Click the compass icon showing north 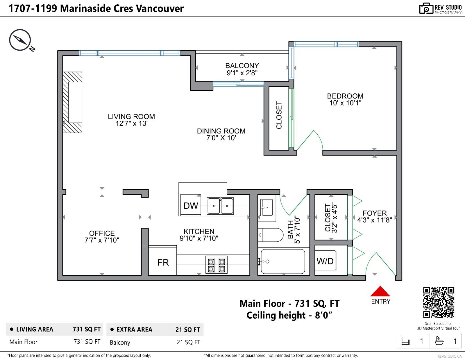20,40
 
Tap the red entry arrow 380,291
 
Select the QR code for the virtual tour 439,302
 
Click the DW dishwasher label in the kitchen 191,206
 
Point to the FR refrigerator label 163,263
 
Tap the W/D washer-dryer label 325,261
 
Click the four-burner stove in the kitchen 216,265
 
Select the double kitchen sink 220,206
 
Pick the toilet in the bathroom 271,235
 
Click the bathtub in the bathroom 282,261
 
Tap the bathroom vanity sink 267,208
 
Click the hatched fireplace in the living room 72,102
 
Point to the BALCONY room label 242,65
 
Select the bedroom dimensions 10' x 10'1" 345,103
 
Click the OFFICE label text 102,233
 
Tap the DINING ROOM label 221,131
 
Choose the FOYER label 375,213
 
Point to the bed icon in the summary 405,341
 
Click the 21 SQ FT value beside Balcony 188,342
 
